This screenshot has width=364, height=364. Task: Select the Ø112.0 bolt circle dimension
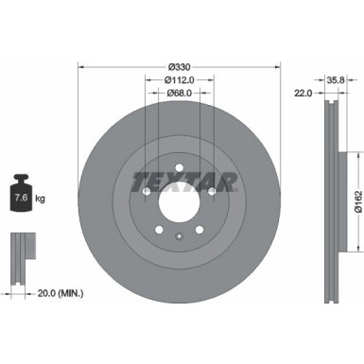click(180, 79)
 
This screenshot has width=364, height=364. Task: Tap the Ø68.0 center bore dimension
click(180, 93)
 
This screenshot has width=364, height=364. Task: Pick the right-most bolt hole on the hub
click(212, 189)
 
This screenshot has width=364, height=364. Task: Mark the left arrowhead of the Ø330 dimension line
click(79, 66)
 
